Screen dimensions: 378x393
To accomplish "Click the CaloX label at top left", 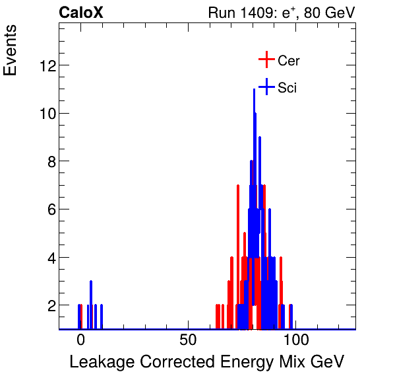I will point(81,13).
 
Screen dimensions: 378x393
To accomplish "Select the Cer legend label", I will point(289,61).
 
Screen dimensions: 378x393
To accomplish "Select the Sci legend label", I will point(287,88).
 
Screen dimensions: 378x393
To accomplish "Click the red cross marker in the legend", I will point(266,59).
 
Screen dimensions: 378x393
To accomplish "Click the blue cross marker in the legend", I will point(266,87).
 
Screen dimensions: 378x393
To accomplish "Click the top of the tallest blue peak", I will point(254,91).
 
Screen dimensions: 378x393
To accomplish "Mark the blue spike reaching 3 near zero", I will point(91,283).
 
